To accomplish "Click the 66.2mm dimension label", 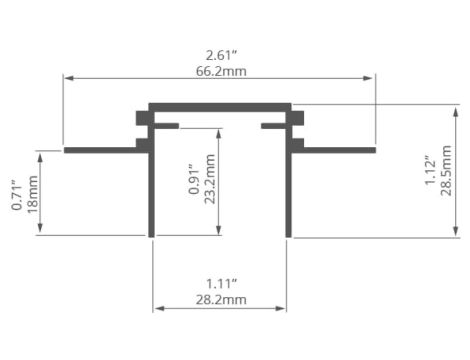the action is click(221, 71).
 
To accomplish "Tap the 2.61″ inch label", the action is click(221, 55).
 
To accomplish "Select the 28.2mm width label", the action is click(221, 300).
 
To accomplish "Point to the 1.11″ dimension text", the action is click(221, 284).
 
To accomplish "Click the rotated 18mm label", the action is click(32, 194).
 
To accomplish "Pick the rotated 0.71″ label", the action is click(17, 195).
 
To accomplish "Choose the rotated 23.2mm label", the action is click(210, 179).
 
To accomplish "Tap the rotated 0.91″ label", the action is click(194, 179).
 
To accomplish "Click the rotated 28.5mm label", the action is click(446, 170).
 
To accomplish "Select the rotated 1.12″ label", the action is click(430, 170).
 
